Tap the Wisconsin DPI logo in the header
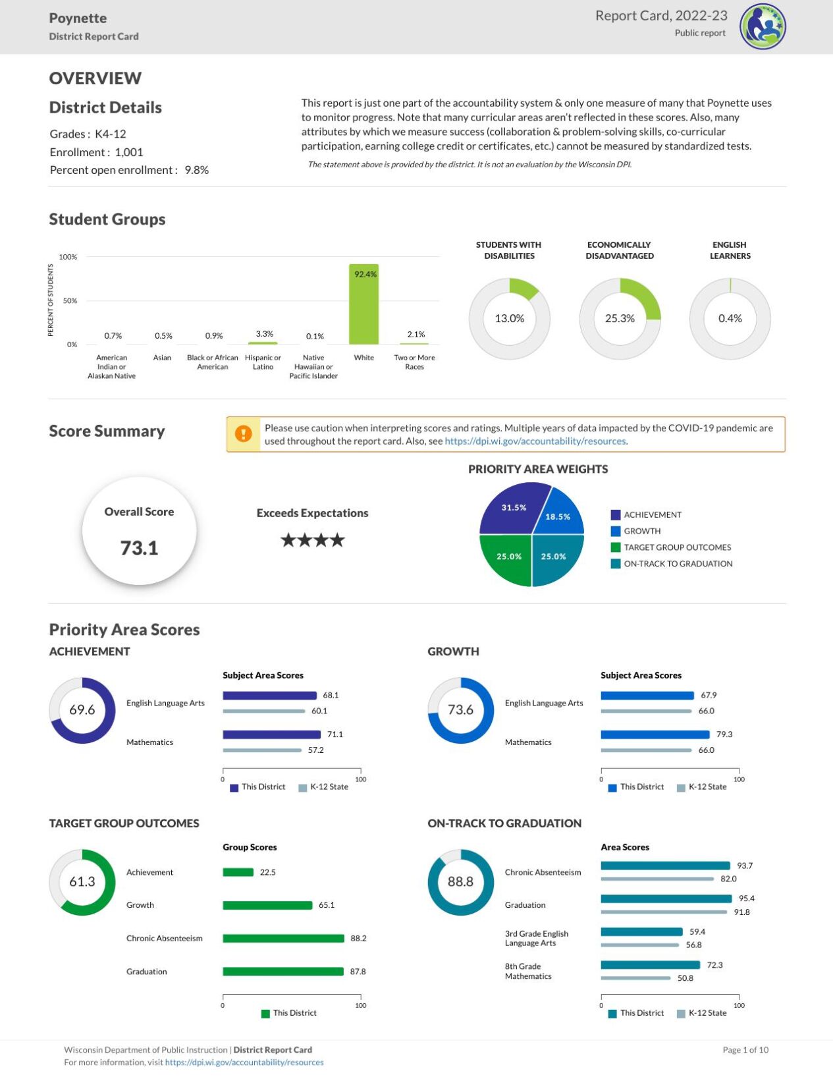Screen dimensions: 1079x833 coord(763,27)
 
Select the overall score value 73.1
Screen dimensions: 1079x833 coord(139,547)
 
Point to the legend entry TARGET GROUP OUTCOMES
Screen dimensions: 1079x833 coord(677,547)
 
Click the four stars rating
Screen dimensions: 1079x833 coord(312,540)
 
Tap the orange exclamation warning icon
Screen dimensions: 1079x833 coord(244,434)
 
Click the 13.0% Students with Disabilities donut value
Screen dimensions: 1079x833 coord(509,318)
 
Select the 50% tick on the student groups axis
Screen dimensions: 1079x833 coord(70,300)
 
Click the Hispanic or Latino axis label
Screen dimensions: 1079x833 coord(263,362)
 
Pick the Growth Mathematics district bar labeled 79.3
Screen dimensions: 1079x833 coord(655,734)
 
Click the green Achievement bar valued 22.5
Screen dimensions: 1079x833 coord(238,872)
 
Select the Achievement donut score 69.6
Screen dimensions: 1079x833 coord(82,710)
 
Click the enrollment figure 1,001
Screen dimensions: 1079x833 coord(129,152)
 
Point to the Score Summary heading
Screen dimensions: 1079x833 coord(107,431)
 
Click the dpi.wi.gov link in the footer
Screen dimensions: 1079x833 coord(244,1063)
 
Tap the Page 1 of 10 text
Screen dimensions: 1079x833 coord(745,1050)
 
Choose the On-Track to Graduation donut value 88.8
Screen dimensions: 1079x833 coord(460,881)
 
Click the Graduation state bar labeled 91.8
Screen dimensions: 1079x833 coord(664,912)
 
